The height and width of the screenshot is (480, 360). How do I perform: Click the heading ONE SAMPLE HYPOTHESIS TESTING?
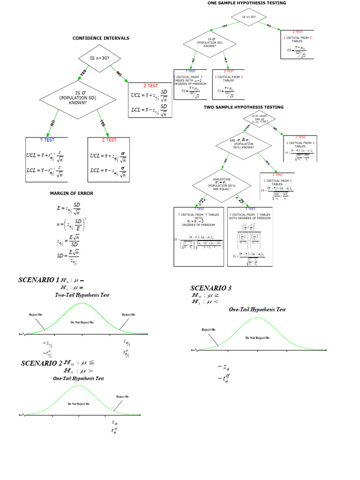coord(247,3)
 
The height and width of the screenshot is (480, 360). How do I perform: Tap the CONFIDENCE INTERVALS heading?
coord(100,38)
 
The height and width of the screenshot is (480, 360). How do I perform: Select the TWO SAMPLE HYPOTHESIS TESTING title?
coord(243,107)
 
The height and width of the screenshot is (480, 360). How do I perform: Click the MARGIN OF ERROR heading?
coord(72,193)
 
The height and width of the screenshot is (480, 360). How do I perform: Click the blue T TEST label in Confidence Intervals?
coord(47,140)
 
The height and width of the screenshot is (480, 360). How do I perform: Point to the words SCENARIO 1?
coord(39,280)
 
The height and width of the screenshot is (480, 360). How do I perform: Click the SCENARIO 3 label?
coord(211,288)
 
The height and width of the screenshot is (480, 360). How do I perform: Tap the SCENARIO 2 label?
coord(42,364)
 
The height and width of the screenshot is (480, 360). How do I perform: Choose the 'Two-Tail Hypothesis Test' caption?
coord(82,296)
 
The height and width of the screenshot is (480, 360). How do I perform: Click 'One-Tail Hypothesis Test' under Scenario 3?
coord(257,310)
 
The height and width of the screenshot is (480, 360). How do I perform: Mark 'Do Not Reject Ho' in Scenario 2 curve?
coord(79,403)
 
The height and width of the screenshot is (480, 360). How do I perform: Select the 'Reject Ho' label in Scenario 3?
coord(209,330)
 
